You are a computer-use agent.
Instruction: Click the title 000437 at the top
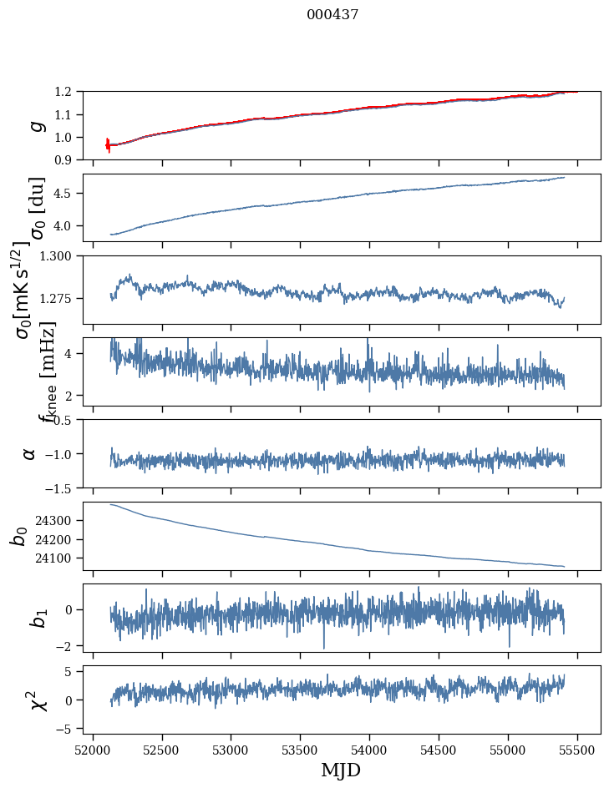(x=332, y=15)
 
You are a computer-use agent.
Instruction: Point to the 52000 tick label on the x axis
(x=93, y=749)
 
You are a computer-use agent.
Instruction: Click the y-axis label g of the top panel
(x=34, y=125)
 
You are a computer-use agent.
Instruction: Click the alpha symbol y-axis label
(x=30, y=453)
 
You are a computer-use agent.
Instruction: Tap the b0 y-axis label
(x=18, y=535)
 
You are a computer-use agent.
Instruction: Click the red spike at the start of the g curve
(x=108, y=144)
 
